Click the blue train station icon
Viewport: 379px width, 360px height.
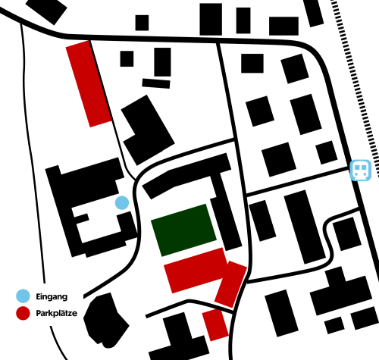[x=361, y=170]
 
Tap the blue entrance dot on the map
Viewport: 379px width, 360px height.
[x=122, y=202]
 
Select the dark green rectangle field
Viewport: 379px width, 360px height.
[x=183, y=230]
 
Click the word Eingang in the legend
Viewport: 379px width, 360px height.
[x=52, y=296]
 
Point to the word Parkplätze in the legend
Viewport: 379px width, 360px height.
[x=57, y=313]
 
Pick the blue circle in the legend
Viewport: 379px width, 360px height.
[x=23, y=296]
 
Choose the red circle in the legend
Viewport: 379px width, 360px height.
[x=23, y=313]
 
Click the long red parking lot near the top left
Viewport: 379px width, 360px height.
[x=89, y=83]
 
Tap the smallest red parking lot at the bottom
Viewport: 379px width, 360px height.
[x=215, y=324]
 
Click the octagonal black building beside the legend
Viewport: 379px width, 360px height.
[x=105, y=321]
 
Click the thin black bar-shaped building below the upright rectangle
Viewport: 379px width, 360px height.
[x=156, y=83]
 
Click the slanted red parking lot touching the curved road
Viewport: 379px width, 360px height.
[x=230, y=284]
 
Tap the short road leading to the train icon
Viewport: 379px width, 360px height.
[x=298, y=181]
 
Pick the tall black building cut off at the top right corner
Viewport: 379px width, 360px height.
[x=313, y=13]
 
